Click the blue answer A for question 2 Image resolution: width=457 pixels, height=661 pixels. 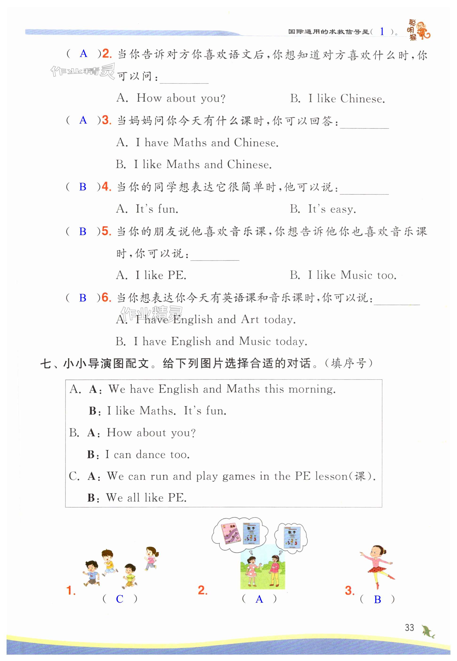coord(83,54)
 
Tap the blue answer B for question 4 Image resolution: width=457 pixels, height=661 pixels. coord(83,187)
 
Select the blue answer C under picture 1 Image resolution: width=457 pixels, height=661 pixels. coord(120,599)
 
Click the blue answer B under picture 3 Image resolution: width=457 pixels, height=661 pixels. coord(377,599)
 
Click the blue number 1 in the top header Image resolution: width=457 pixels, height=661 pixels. coord(382,32)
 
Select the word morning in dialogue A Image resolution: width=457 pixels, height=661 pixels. coord(312,389)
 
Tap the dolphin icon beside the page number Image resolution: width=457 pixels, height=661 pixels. coord(428,630)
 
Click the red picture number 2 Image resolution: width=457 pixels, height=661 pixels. coord(202,590)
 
